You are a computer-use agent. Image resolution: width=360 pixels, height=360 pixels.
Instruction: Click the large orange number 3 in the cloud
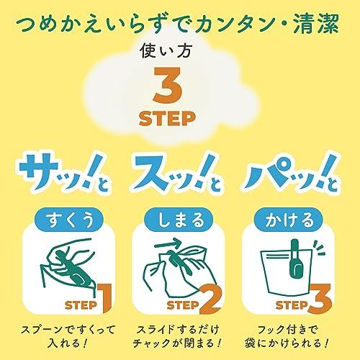tap(168, 85)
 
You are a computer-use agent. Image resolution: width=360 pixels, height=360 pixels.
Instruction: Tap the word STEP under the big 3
tap(167, 118)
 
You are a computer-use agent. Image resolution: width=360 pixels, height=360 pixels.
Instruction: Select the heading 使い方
tap(166, 51)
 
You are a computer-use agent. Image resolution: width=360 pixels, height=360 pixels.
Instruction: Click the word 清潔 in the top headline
tap(316, 24)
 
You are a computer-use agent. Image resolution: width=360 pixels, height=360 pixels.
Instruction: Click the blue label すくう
tap(70, 220)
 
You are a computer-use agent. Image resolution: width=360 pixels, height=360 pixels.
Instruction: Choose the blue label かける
tap(289, 220)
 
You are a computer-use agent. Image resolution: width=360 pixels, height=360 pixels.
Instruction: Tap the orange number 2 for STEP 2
tap(210, 298)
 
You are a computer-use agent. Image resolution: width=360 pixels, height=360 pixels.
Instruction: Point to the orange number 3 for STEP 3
tap(320, 299)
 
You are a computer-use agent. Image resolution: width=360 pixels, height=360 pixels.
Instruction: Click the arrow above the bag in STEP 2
tap(168, 243)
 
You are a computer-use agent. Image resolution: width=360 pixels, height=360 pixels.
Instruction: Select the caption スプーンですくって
tap(68, 330)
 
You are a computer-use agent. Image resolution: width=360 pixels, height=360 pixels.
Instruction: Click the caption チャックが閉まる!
tap(177, 343)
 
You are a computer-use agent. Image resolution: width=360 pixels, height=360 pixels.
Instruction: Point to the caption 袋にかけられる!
tap(287, 343)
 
